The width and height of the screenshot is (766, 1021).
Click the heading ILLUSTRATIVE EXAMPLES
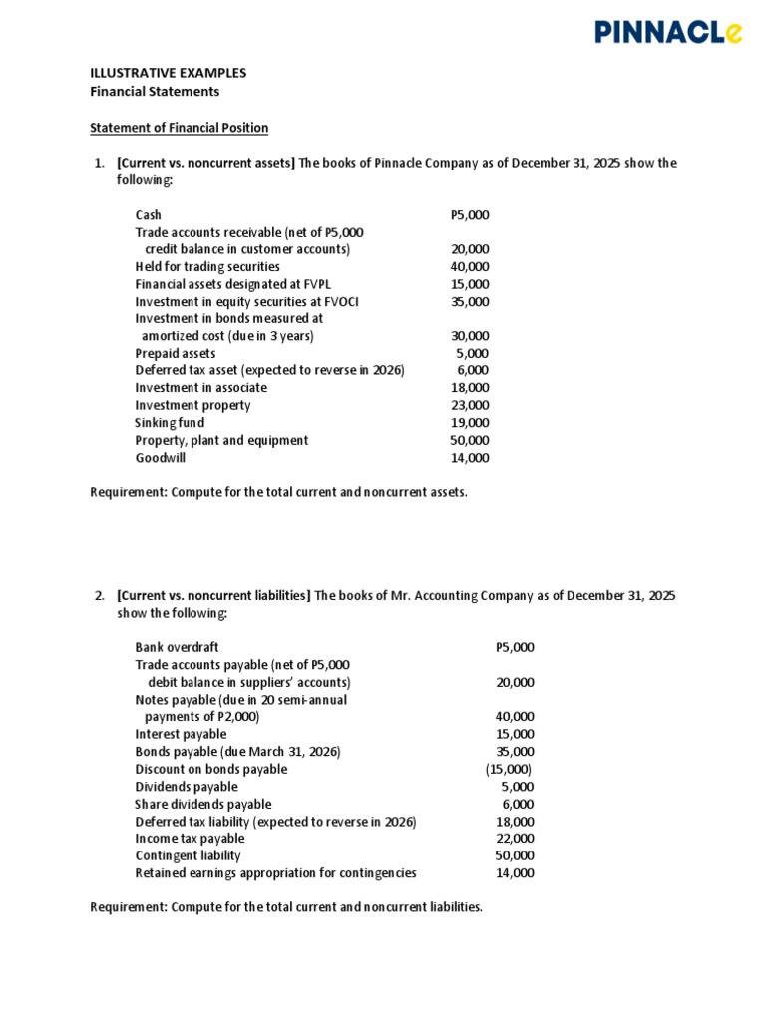point(168,73)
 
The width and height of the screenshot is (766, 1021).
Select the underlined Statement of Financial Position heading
point(179,128)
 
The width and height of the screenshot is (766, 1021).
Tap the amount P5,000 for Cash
point(470,215)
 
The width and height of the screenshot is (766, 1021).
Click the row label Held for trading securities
point(207,267)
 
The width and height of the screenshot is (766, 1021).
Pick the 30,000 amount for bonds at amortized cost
point(470,336)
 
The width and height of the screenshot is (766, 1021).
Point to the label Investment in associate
point(201,388)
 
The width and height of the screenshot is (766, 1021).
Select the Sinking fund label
point(170,423)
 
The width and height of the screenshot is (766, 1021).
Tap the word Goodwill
point(160,458)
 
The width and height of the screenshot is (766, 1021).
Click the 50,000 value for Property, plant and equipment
point(470,440)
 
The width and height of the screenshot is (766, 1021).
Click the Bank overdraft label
point(177,647)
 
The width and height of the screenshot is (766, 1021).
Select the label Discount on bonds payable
point(210,769)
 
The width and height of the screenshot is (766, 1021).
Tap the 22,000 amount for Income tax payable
point(515,839)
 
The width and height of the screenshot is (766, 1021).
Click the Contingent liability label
point(188,855)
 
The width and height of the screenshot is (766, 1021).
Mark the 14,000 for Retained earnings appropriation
point(515,873)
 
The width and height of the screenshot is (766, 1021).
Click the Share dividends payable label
point(202,804)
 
